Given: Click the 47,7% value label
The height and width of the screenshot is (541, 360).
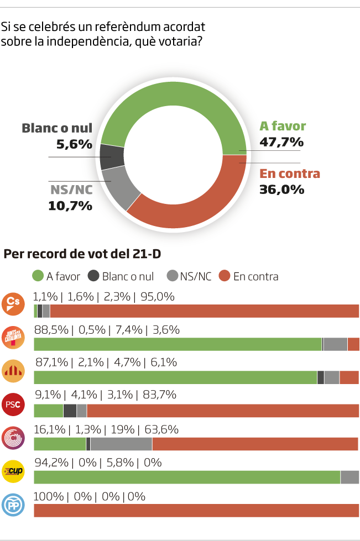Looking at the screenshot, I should [x=281, y=143].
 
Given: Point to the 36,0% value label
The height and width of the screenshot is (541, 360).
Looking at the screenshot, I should [x=281, y=190].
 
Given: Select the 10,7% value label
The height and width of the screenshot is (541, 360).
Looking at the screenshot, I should [x=70, y=206].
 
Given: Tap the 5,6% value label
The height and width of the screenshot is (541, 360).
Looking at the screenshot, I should [x=74, y=145].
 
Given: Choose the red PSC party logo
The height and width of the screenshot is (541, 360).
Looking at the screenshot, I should [x=13, y=404].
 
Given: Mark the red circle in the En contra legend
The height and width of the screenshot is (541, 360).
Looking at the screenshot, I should [x=225, y=276].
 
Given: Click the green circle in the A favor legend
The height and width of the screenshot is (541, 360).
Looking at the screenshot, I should [x=38, y=276].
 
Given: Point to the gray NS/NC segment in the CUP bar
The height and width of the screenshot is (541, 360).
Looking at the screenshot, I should [x=349, y=477].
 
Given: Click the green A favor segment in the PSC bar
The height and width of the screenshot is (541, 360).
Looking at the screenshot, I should [x=49, y=411].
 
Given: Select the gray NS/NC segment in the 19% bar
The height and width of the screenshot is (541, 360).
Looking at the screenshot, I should [x=121, y=444].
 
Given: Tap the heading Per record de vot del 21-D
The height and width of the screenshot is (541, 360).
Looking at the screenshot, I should [x=82, y=254].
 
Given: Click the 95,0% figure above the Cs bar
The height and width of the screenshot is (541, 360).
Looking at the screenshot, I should [x=158, y=297].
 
